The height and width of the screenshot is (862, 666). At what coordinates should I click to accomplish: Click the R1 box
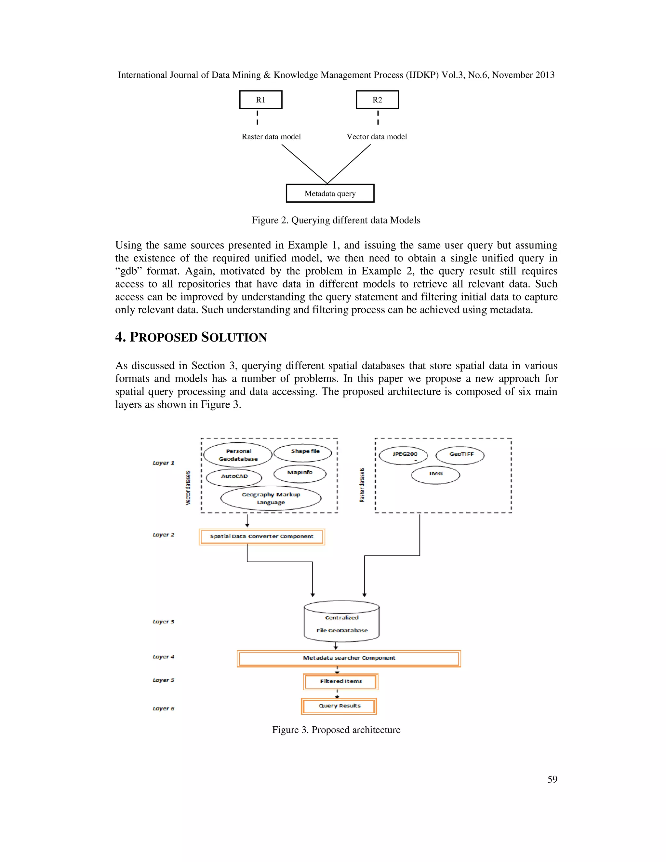260,100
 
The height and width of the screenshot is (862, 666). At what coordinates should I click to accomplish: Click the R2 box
377,100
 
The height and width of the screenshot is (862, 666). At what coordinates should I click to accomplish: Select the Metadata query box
330,194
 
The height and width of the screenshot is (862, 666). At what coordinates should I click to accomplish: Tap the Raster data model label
271,137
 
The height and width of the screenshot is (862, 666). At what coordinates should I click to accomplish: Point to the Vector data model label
376,137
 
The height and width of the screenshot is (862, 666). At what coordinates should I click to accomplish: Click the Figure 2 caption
336,220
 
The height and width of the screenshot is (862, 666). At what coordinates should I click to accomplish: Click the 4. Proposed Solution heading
191,337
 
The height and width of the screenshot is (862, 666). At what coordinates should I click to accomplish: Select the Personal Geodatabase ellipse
238,455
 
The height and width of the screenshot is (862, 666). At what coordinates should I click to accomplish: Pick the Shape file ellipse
303,453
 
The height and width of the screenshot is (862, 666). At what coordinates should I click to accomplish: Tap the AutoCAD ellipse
234,477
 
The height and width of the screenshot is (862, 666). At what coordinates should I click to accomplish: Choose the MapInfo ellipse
300,474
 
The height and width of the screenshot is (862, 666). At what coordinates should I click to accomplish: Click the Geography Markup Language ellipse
271,498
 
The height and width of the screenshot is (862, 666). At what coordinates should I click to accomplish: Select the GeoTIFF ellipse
460,455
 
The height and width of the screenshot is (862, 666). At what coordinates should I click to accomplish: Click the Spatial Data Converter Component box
261,537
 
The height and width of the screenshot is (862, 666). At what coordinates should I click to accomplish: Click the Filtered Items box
340,681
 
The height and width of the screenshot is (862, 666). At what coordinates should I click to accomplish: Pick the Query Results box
339,706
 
